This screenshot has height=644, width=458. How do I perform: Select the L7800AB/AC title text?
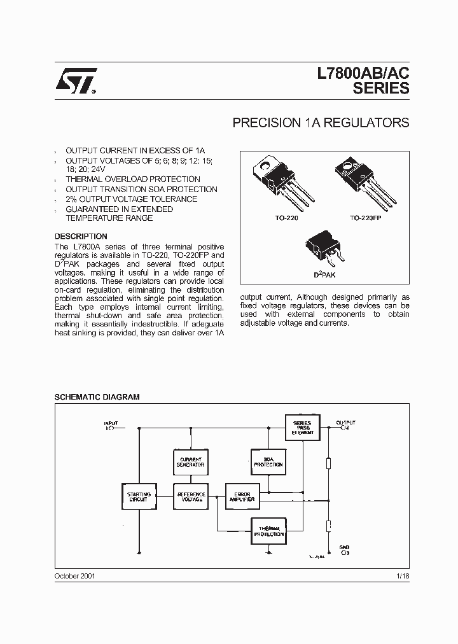pos(363,74)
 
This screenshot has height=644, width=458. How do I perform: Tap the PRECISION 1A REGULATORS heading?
pos(321,123)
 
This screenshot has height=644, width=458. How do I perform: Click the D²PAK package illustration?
pos(324,248)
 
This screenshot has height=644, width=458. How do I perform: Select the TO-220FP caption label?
pos(364,218)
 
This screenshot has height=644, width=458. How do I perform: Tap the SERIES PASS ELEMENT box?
pos(302,427)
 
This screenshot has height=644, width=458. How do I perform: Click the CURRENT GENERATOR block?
pos(190,462)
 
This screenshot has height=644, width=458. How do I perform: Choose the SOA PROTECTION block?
pos(267,462)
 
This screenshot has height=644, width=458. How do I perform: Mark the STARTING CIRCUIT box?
pos(139,497)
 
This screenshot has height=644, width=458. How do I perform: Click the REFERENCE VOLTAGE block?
pos(190,497)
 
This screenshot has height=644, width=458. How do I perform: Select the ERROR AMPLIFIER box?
pos(242,497)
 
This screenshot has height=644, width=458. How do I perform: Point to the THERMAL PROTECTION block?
pos(268,531)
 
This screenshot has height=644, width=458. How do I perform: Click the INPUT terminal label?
pos(111,423)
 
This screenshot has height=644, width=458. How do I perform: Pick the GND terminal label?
pos(344,547)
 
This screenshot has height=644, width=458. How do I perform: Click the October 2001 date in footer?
pos(75,575)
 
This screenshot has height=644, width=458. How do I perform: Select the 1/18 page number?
pos(402,575)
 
